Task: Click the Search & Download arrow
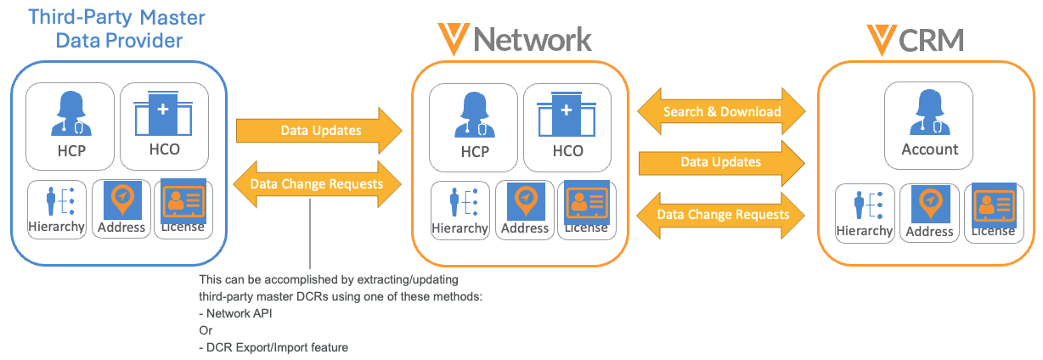click(x=721, y=112)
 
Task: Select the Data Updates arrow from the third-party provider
click(x=319, y=131)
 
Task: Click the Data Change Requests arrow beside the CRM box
click(x=721, y=215)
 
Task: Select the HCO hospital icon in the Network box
click(x=567, y=116)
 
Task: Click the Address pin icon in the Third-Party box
click(x=122, y=200)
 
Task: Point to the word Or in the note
click(x=206, y=330)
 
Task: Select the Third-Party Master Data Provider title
click(x=117, y=28)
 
